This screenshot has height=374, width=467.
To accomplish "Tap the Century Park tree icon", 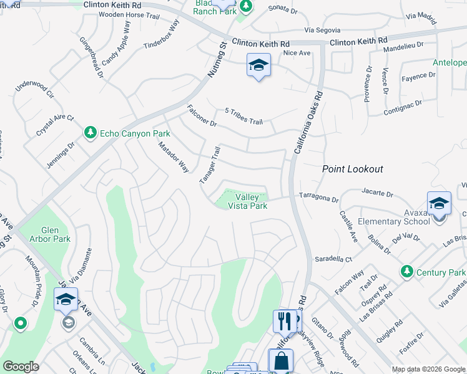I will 408,272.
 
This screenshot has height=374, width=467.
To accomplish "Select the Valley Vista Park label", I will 247,201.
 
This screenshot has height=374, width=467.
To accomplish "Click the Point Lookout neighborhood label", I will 352,169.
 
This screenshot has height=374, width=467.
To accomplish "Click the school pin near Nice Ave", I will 258,65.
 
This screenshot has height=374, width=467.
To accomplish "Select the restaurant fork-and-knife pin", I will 285,321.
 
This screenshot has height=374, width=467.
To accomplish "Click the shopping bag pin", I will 281,361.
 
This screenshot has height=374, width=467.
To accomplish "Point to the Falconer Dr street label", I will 201,116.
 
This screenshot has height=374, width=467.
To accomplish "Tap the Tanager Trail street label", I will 210,165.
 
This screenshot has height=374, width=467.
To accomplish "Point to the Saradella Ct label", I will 333,258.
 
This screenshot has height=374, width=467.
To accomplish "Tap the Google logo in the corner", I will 21,367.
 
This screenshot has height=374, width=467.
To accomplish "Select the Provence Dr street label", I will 367,84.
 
